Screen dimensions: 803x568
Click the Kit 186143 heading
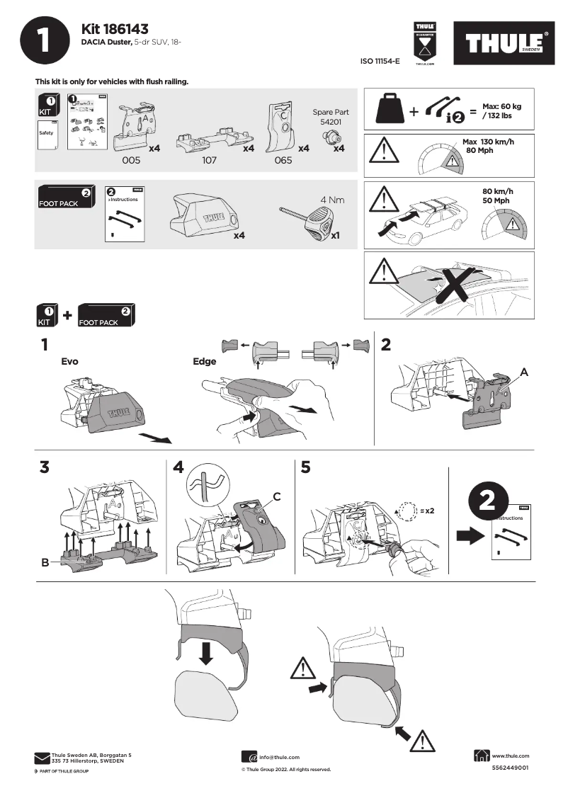tap(115, 29)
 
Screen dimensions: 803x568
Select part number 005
tap(131, 161)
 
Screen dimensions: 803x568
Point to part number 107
tap(209, 161)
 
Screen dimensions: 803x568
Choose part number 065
tap(283, 161)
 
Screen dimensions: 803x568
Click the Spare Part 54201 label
tap(331, 117)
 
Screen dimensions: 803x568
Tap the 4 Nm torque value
tap(332, 200)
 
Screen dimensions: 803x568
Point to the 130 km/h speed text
tap(488, 142)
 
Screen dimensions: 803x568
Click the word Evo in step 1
tap(69, 361)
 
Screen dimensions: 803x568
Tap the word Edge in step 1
tap(204, 361)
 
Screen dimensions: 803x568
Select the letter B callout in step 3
tap(45, 563)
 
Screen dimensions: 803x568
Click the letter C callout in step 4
tap(277, 498)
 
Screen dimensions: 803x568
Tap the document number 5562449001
tap(509, 768)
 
